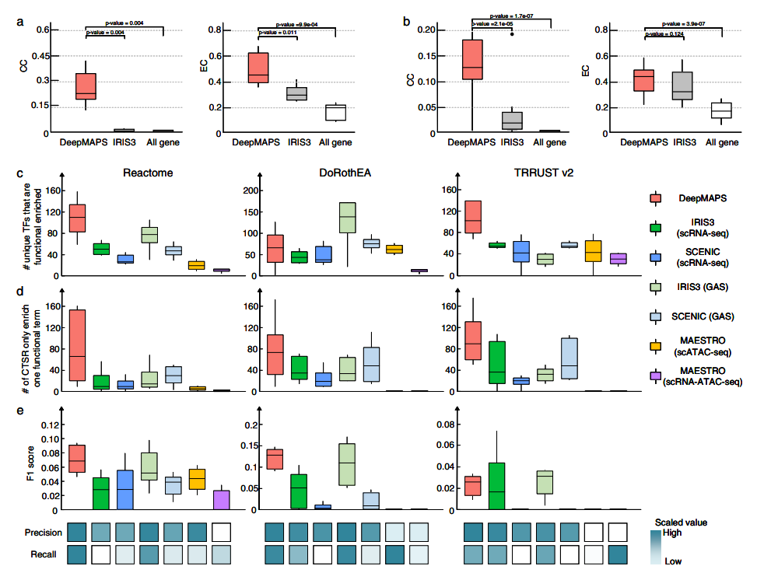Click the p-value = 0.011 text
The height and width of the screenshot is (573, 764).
pos(279,33)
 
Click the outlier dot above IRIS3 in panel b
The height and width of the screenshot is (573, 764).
pos(511,34)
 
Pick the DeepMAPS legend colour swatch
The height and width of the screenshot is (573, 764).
pos(657,199)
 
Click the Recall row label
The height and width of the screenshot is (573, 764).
pos(44,554)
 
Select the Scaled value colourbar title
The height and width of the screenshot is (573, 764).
pos(682,522)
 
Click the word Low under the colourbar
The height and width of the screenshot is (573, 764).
pos(674,561)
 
